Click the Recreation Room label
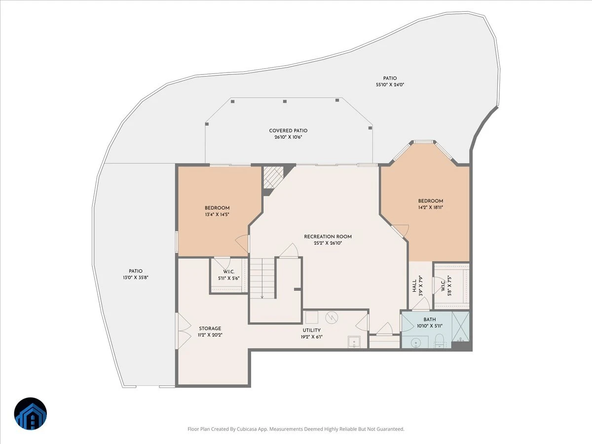pos(328,236)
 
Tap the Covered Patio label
pos(288,130)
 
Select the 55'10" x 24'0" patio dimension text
pos(390,85)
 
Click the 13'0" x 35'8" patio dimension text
pos(136,277)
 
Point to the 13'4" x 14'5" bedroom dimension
pos(217,215)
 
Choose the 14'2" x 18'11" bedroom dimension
pos(431,207)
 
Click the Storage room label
pos(210,329)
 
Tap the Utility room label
pos(311,330)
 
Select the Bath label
pos(430,320)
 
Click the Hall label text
pos(414,286)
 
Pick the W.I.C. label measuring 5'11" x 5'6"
pos(229,272)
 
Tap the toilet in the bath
pos(440,340)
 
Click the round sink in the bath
pos(416,343)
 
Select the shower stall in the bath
pos(461,326)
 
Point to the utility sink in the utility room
pos(354,342)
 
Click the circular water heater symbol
pos(332,318)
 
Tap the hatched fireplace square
pos(273,177)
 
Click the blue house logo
pos(31,414)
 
